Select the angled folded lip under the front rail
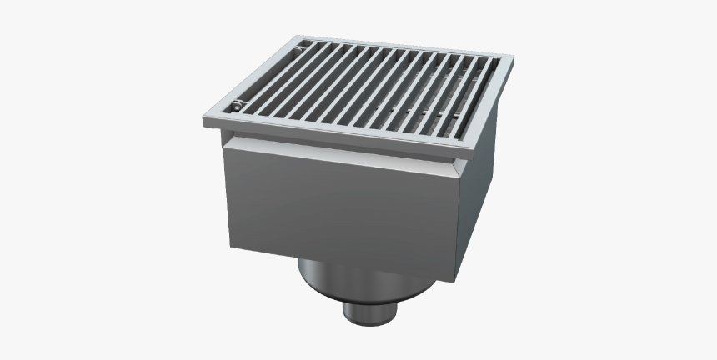(x=342, y=150)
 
